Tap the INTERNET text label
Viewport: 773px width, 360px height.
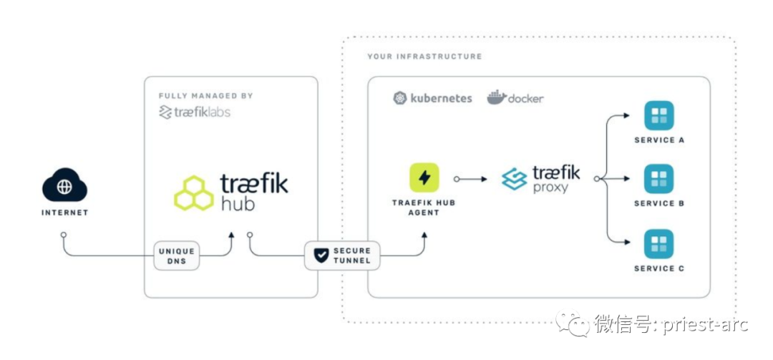pos(64,213)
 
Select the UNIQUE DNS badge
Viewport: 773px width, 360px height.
pos(176,256)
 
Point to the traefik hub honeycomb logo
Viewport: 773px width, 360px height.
pos(194,193)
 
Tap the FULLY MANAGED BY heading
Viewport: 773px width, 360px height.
pos(205,96)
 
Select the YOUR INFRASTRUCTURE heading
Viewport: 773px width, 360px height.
pos(424,57)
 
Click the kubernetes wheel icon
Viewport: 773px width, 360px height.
pos(401,98)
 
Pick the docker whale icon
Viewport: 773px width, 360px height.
pos(497,98)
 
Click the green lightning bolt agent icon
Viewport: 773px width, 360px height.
pos(424,177)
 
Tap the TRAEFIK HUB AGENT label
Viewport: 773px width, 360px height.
pos(424,208)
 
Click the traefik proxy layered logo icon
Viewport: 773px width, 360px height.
pos(514,179)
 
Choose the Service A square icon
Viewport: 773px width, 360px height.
pos(658,115)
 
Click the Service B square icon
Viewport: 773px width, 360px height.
pos(658,179)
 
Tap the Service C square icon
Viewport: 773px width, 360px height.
pos(658,244)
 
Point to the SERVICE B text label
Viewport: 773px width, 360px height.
pos(659,204)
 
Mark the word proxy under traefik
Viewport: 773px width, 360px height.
pos(550,188)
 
